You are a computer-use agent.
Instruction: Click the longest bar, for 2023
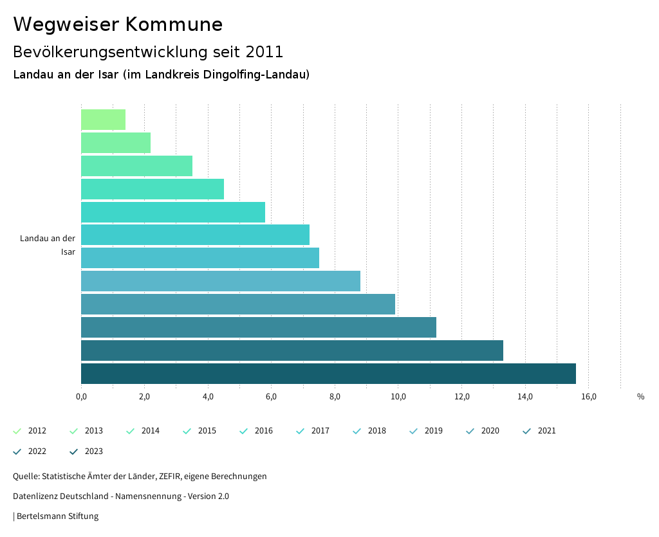tap(328, 374)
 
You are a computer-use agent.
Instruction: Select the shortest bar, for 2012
tap(103, 120)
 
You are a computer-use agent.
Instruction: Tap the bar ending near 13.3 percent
tap(292, 350)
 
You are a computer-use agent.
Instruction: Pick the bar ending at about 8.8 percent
tap(220, 281)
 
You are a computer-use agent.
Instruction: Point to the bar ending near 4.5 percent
tap(152, 189)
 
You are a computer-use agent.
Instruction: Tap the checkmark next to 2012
tap(17, 431)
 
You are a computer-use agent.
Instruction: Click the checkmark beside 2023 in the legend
tap(74, 451)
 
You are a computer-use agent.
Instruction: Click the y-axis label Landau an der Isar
tap(48, 245)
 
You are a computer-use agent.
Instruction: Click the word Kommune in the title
tap(174, 24)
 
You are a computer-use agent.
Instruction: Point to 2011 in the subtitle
tap(265, 52)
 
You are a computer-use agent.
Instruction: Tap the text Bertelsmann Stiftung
tap(57, 516)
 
